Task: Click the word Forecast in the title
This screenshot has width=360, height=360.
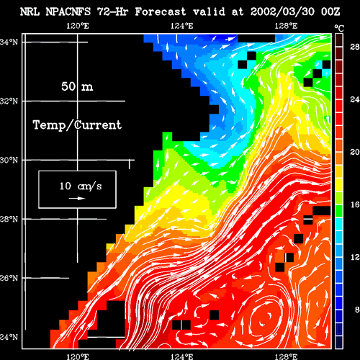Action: (161, 12)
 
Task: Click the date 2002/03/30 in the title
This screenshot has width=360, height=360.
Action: (282, 12)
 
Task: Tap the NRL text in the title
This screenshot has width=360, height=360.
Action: (30, 12)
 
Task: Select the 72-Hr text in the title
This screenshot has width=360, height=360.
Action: (112, 12)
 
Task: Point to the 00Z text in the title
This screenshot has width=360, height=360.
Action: (330, 12)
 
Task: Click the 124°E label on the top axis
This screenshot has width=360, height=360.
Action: (182, 26)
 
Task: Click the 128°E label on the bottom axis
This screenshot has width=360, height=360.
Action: (287, 356)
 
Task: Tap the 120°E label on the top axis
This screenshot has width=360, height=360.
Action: (78, 26)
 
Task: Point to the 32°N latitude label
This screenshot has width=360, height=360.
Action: (9, 101)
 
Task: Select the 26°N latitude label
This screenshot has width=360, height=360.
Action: (9, 278)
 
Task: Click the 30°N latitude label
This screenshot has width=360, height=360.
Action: (9, 160)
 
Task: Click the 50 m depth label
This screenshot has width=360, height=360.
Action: (77, 86)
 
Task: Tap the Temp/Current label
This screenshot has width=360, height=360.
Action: (77, 125)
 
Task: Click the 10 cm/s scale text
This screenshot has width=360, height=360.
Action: (81, 186)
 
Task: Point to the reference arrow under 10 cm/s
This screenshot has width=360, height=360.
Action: (77, 198)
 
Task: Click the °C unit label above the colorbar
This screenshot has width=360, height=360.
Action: (339, 28)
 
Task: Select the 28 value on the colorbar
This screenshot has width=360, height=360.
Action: (355, 47)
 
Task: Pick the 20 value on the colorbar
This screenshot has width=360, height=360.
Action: (355, 152)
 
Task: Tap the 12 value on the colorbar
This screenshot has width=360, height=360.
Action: (355, 257)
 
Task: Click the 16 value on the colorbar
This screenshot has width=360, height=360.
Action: (355, 204)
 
